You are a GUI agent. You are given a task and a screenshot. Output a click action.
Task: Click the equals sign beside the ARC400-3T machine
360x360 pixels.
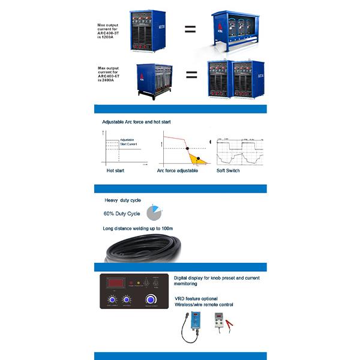coord(190,28)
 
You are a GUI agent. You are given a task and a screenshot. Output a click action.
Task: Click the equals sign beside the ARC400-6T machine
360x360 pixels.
coord(191,75)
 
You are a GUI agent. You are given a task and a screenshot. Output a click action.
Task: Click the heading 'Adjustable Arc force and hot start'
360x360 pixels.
coord(136,122)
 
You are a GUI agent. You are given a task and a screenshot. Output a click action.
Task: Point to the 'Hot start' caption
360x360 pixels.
coord(114,170)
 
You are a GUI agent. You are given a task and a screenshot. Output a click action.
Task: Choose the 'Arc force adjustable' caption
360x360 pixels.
coord(177,170)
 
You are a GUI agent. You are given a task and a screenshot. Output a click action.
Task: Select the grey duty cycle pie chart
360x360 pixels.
coord(154,212)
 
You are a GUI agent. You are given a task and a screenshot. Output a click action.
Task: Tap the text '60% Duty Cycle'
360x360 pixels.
coord(122,214)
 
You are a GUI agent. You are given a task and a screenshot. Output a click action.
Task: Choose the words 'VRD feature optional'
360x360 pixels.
coord(196,298)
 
